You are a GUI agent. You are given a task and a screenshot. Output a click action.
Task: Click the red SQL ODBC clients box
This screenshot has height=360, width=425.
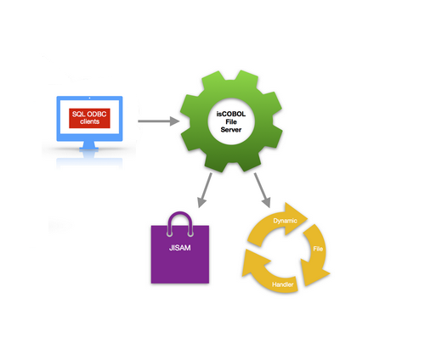tap(89, 118)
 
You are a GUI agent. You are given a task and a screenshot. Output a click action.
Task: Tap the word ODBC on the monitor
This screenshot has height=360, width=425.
tap(97, 114)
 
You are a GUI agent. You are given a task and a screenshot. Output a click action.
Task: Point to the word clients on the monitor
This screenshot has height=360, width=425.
tap(89, 121)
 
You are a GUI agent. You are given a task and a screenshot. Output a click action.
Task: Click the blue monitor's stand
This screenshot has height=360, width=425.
tap(89, 145)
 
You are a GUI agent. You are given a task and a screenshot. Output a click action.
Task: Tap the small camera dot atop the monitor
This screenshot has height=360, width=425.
tap(89, 98)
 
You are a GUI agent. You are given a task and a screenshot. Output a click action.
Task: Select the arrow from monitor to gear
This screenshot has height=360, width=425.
tap(159, 121)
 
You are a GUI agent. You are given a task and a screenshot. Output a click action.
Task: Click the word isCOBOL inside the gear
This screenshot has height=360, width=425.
tap(231, 114)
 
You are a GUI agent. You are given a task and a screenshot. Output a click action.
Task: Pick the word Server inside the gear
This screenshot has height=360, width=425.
tap(231, 130)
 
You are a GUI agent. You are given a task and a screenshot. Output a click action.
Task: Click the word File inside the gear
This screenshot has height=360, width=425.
tap(231, 122)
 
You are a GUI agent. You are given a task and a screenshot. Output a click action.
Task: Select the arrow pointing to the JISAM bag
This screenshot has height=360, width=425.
tap(205, 190)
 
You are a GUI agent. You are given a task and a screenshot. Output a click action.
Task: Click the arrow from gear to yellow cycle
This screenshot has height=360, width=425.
tap(263, 190)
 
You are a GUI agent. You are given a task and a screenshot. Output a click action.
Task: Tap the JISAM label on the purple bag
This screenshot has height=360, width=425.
tap(180, 248)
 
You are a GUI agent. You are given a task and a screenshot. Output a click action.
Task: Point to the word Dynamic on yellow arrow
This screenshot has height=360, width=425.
tap(285, 221)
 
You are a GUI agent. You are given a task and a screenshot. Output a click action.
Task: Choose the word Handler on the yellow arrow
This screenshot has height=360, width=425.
tap(282, 284)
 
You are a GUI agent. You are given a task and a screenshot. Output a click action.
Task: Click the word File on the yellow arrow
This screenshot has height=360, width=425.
tap(318, 249)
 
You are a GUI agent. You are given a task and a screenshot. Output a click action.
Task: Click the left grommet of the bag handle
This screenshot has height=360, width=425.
tap(170, 234)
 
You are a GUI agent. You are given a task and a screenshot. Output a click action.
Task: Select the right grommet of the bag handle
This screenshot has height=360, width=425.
tap(190, 234)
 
